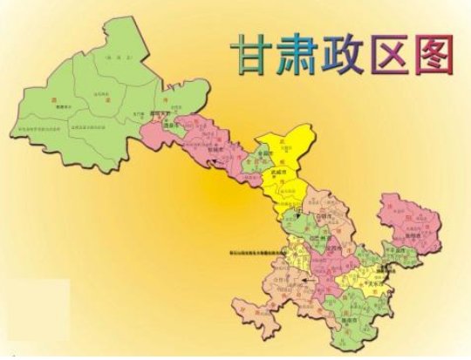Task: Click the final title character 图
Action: pos(439,53)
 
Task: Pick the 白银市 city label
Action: pos(326,221)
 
